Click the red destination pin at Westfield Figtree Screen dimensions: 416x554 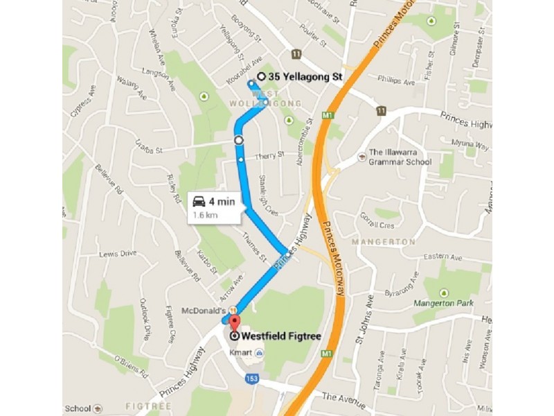coord(234,323)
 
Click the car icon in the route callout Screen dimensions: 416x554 coord(199,202)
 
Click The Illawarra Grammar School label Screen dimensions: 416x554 coord(400,157)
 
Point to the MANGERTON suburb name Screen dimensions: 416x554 coord(383,242)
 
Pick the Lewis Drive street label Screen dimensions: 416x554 coord(118,254)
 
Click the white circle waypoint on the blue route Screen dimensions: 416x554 coord(239,140)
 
